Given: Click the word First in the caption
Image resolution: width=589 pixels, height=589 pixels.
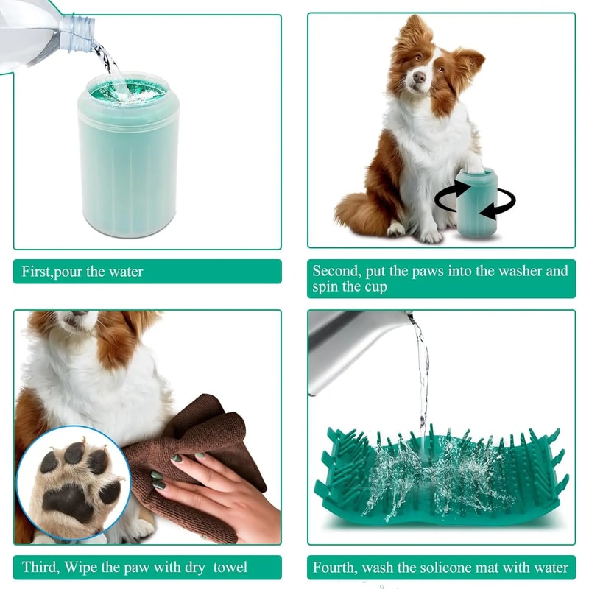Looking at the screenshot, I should pyautogui.click(x=36, y=272).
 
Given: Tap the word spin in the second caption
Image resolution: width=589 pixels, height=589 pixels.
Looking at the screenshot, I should pyautogui.click(x=327, y=286).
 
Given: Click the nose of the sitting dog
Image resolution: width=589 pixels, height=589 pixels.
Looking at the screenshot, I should pyautogui.click(x=419, y=77).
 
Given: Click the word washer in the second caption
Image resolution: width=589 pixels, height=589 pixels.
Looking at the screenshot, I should pyautogui.click(x=525, y=271).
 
